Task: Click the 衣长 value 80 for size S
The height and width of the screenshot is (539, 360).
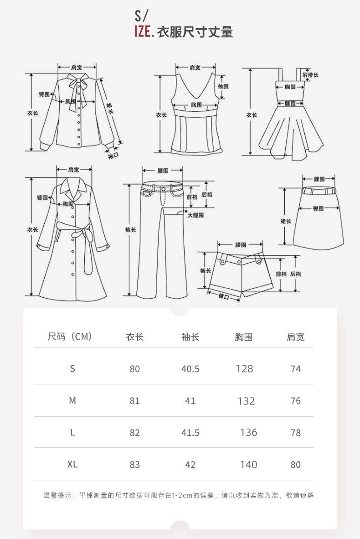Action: coord(134,369)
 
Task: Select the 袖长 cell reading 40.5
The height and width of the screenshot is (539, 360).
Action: coord(190,369)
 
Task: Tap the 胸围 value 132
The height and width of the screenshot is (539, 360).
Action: coord(246,401)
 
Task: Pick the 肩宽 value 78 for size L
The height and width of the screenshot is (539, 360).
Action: coord(296,433)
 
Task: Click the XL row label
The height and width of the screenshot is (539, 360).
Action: coord(72,464)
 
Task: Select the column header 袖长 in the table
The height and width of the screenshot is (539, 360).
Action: coord(190,337)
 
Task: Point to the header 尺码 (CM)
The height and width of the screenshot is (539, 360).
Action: coord(70,337)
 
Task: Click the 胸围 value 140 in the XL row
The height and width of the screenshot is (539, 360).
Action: coord(248,465)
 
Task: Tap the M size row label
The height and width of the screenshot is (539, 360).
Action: coord(72,400)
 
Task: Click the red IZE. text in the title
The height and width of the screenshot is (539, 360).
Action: coord(144,32)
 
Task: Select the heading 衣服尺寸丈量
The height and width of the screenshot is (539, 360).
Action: coord(195,32)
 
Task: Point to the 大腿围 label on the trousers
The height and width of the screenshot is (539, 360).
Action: coord(195,215)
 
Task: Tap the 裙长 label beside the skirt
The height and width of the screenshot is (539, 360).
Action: coord(286,221)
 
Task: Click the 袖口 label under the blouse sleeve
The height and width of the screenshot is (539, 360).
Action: coord(113,156)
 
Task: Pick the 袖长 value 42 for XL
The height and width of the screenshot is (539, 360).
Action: coord(190,465)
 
